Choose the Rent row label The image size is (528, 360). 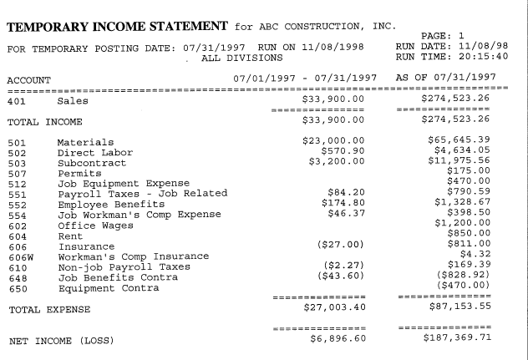(70, 236)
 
